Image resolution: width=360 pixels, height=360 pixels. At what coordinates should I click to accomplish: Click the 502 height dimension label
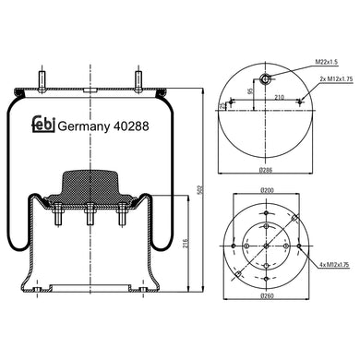pyautogui.click(x=199, y=189)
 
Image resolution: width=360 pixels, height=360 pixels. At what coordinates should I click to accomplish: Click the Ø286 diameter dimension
pyautogui.click(x=267, y=172)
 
